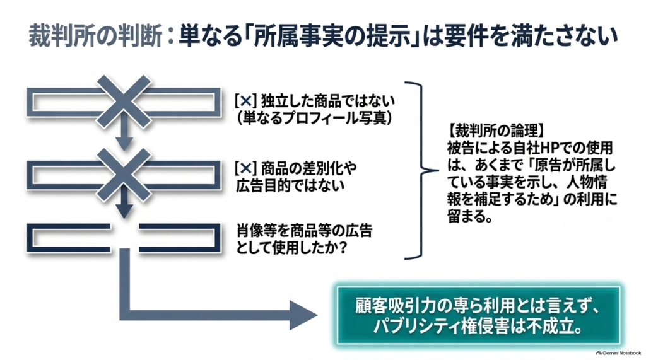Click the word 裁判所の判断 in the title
point(95,36)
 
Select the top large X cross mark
point(124,102)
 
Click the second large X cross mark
point(124,175)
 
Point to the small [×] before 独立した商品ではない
point(245,101)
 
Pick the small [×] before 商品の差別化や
point(245,168)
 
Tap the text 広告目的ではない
point(290,186)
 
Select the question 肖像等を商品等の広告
point(305,231)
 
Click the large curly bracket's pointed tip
point(438,170)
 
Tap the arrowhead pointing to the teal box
point(303,315)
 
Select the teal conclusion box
point(478,315)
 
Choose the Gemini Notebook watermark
point(618,353)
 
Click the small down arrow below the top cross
point(124,137)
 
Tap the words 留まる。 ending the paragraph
point(469,216)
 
